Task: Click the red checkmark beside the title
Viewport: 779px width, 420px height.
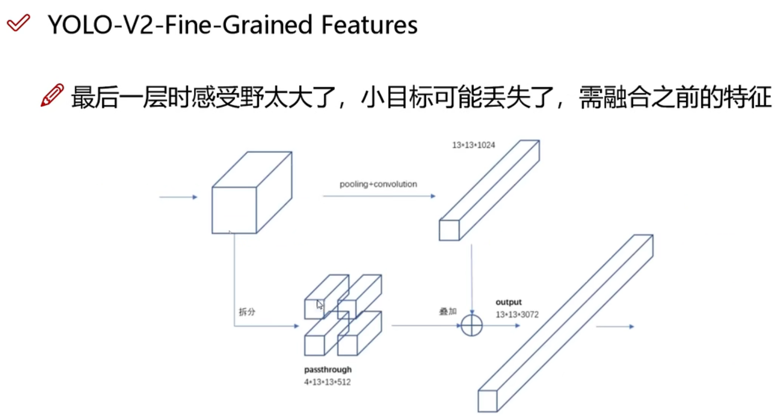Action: click(x=18, y=23)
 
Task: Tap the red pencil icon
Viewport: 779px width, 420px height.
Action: click(x=52, y=95)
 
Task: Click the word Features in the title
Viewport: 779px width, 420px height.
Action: click(x=369, y=25)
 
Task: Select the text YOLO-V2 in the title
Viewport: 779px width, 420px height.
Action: click(x=101, y=25)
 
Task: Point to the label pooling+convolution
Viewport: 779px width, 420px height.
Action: click(x=378, y=184)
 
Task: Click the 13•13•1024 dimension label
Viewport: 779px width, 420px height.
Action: click(x=473, y=145)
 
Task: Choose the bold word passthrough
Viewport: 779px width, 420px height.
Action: click(x=328, y=370)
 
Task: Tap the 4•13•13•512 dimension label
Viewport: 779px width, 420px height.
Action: click(x=327, y=382)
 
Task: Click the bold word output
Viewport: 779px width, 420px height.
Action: click(x=509, y=302)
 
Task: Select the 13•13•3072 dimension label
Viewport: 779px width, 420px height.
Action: click(x=517, y=315)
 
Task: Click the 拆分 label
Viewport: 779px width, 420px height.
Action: click(x=247, y=312)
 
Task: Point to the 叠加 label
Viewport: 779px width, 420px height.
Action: click(x=448, y=311)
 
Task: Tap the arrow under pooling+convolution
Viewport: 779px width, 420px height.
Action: click(x=379, y=196)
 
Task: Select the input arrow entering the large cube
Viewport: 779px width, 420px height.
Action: click(x=178, y=197)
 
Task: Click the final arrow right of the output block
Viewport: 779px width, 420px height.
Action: click(x=615, y=326)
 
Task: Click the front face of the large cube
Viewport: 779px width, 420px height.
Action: click(x=234, y=210)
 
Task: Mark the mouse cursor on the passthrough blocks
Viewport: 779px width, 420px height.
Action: click(x=320, y=305)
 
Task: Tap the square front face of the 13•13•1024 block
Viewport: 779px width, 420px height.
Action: click(x=449, y=230)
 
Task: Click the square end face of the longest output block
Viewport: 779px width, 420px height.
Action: click(x=487, y=401)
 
